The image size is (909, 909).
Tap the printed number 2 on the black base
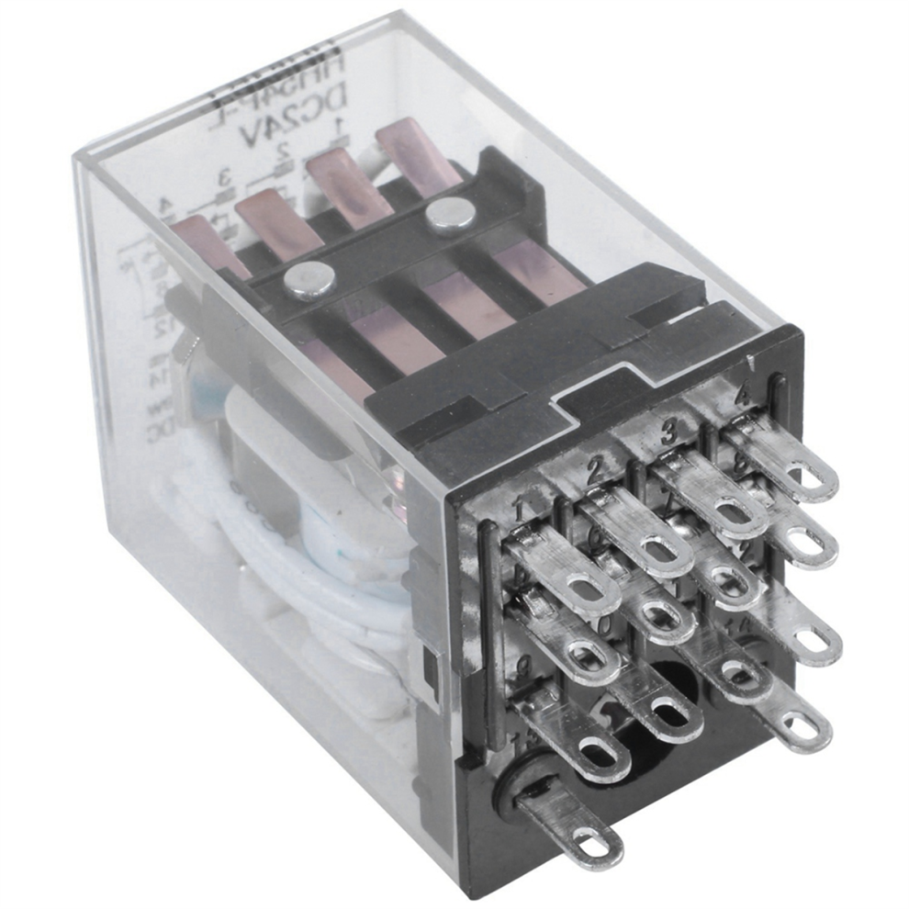594,471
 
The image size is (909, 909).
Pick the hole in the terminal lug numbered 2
656,547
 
